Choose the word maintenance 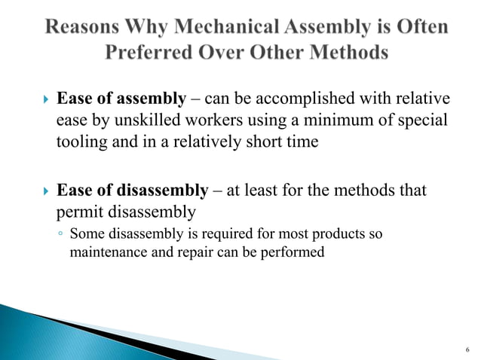pos(106,252)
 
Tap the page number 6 pos(467,349)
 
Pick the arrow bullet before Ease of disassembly pos(44,191)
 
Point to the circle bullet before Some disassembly pos(60,235)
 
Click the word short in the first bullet pos(266,144)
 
